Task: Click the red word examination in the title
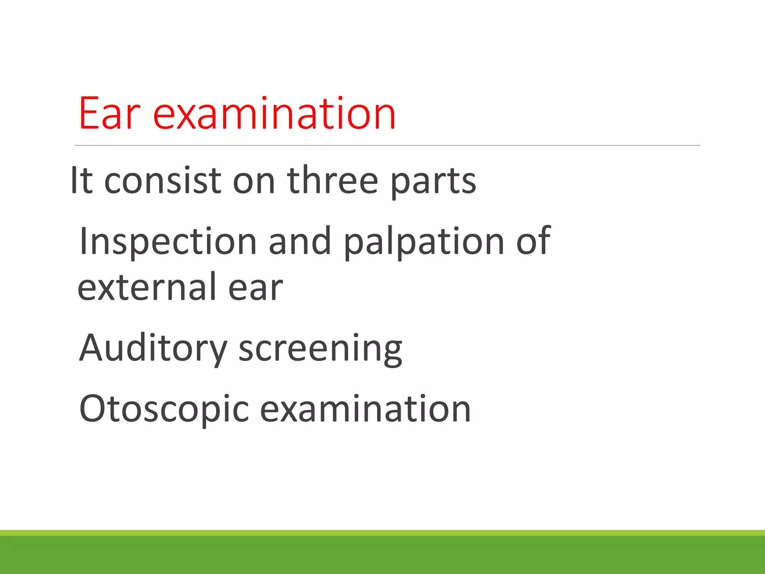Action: (x=274, y=114)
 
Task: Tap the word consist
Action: (x=162, y=181)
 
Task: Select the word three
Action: (x=332, y=181)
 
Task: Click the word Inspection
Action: (x=168, y=242)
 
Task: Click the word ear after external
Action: (x=255, y=288)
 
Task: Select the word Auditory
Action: (x=153, y=349)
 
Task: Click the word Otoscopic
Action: (x=164, y=410)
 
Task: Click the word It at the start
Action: (x=81, y=181)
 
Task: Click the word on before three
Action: (x=254, y=182)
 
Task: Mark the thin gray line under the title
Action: (x=387, y=145)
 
